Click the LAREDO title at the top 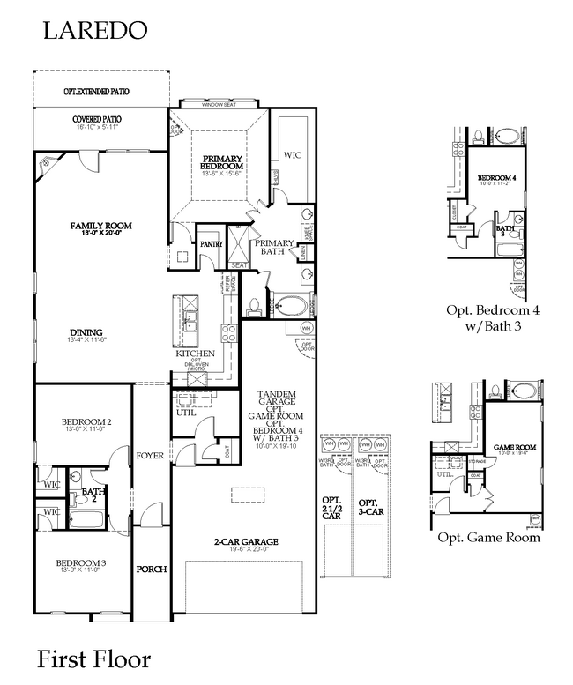(x=95, y=31)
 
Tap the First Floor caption (x=93, y=659)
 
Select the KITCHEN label (x=196, y=353)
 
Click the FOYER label (x=147, y=455)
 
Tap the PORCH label (x=152, y=570)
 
